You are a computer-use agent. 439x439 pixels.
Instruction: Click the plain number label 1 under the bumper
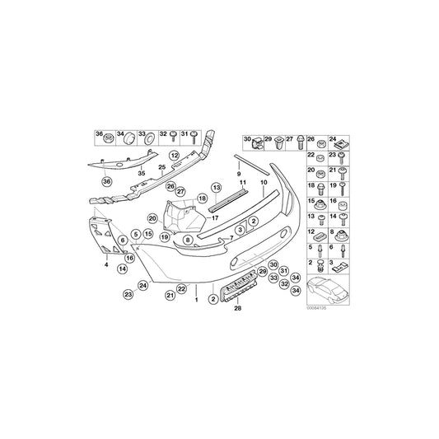196,301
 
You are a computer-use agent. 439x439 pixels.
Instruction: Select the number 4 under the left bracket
105,264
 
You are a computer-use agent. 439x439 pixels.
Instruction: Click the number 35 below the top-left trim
141,174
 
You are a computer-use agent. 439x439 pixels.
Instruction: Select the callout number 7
231,238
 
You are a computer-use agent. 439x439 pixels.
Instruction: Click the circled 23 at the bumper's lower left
128,294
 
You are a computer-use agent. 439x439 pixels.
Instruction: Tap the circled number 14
122,269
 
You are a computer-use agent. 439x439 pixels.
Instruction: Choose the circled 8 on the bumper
188,239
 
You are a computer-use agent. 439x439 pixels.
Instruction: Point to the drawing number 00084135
317,310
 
